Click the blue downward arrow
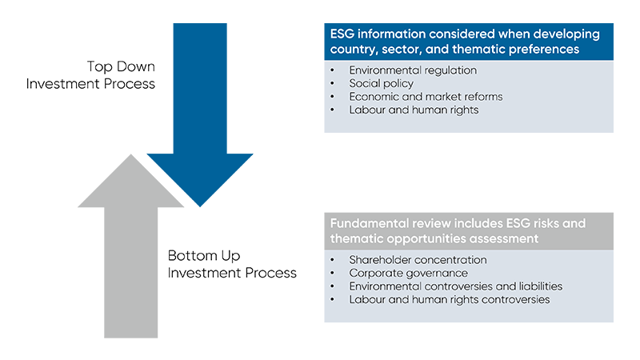[200, 120]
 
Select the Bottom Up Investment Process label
[232, 265]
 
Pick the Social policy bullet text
[381, 83]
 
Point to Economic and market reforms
[426, 97]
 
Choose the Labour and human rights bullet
[414, 110]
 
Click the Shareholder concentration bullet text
[418, 260]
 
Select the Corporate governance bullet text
[408, 273]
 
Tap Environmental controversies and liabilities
[455, 286]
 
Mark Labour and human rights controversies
[449, 299]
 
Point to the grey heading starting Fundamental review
[468, 230]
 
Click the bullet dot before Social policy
[334, 83]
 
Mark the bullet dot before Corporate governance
[334, 273]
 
